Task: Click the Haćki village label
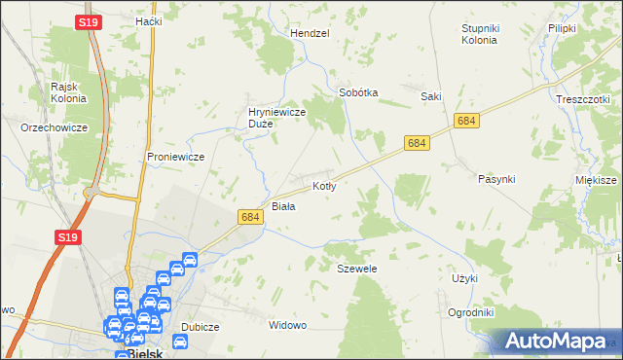point(149,20)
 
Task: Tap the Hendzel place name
point(311,33)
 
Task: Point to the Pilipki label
point(562,28)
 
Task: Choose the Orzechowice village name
point(55,127)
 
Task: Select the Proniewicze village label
point(174,157)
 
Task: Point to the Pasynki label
point(496,179)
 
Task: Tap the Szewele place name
point(356,268)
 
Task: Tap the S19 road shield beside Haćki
point(89,20)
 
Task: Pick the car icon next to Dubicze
point(180,341)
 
